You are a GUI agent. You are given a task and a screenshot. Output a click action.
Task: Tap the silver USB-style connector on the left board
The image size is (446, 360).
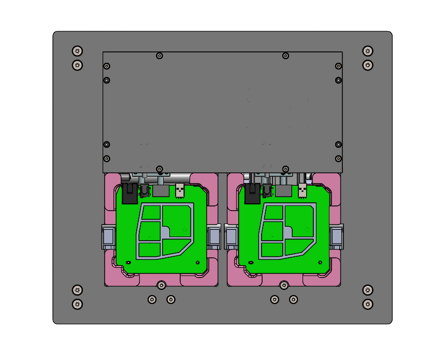[180, 190]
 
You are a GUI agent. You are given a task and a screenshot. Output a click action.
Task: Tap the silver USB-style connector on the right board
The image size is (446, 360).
[303, 190]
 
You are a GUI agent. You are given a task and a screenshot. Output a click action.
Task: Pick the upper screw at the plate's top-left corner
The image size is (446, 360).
[77, 51]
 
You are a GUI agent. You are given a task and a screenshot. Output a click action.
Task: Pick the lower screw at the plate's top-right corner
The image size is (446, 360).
[367, 65]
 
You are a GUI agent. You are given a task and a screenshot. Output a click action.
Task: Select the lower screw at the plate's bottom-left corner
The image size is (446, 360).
[77, 304]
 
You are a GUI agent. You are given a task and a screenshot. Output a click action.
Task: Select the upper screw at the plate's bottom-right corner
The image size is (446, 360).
[367, 290]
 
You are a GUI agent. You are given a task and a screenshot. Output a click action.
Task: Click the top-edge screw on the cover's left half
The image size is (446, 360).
[160, 56]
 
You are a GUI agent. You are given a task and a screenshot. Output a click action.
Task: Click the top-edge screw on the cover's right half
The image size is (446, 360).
[285, 56]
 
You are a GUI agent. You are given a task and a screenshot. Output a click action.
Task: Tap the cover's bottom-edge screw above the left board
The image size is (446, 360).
[160, 169]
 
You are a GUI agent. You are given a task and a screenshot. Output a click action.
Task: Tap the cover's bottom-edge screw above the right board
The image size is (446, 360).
[285, 169]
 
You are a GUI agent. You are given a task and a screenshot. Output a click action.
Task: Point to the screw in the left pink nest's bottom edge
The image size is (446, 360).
[162, 285]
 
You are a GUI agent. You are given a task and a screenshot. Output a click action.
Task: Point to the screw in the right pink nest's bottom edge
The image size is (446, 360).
[284, 285]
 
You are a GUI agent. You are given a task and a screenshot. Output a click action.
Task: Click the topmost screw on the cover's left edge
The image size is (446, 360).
[107, 66]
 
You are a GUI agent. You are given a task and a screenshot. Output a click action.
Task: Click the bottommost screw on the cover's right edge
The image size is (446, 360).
[338, 158]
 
